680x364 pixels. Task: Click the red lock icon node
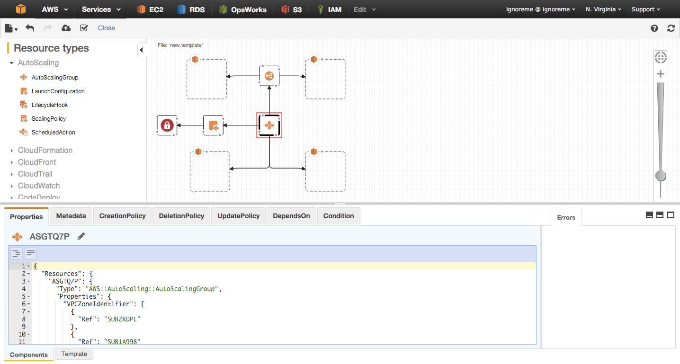pyautogui.click(x=167, y=125)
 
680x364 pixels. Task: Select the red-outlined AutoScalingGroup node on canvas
pyautogui.click(x=269, y=125)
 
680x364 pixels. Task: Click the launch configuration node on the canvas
pyautogui.click(x=213, y=125)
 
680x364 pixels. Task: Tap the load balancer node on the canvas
pyautogui.click(x=269, y=76)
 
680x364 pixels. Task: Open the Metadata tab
pyautogui.click(x=71, y=216)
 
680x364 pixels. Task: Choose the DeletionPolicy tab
pyautogui.click(x=181, y=216)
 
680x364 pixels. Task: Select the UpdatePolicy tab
pyautogui.click(x=238, y=216)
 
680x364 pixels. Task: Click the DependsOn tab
pyautogui.click(x=291, y=216)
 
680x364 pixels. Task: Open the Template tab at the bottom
pyautogui.click(x=74, y=354)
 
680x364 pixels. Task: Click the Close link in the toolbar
pyautogui.click(x=106, y=28)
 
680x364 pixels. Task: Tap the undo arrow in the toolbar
pyautogui.click(x=30, y=28)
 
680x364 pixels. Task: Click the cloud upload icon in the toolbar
pyautogui.click(x=66, y=28)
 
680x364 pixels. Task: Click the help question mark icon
pyautogui.click(x=654, y=28)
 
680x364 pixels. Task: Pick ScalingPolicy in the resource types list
pyautogui.click(x=49, y=119)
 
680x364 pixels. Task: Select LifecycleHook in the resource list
pyautogui.click(x=49, y=105)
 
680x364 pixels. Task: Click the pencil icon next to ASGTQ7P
pyautogui.click(x=81, y=236)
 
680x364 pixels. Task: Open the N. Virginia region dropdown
pyautogui.click(x=603, y=9)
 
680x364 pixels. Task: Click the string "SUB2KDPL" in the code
pyautogui.click(x=122, y=319)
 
